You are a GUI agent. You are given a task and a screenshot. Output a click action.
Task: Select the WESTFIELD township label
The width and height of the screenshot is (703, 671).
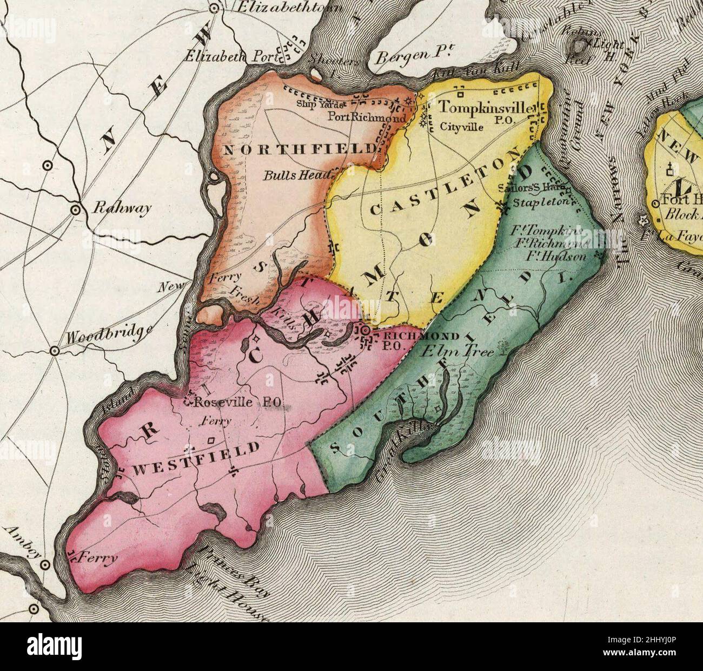[196, 458]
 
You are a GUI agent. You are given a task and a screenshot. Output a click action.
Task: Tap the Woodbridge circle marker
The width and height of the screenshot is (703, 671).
[55, 351]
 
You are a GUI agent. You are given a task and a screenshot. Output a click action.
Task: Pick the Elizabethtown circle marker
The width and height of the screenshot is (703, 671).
[214, 8]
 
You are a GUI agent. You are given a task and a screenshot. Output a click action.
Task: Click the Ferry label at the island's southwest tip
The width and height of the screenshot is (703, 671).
[98, 556]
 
